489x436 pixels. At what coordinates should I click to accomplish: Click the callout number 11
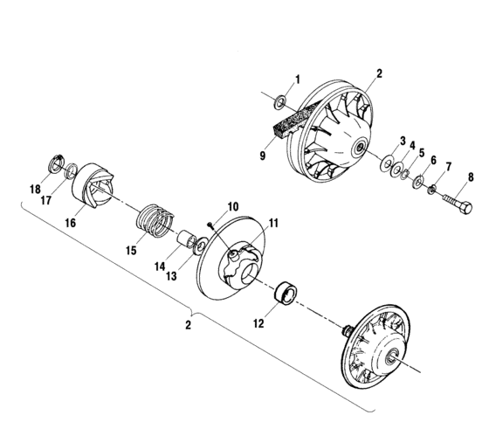[273, 224]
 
